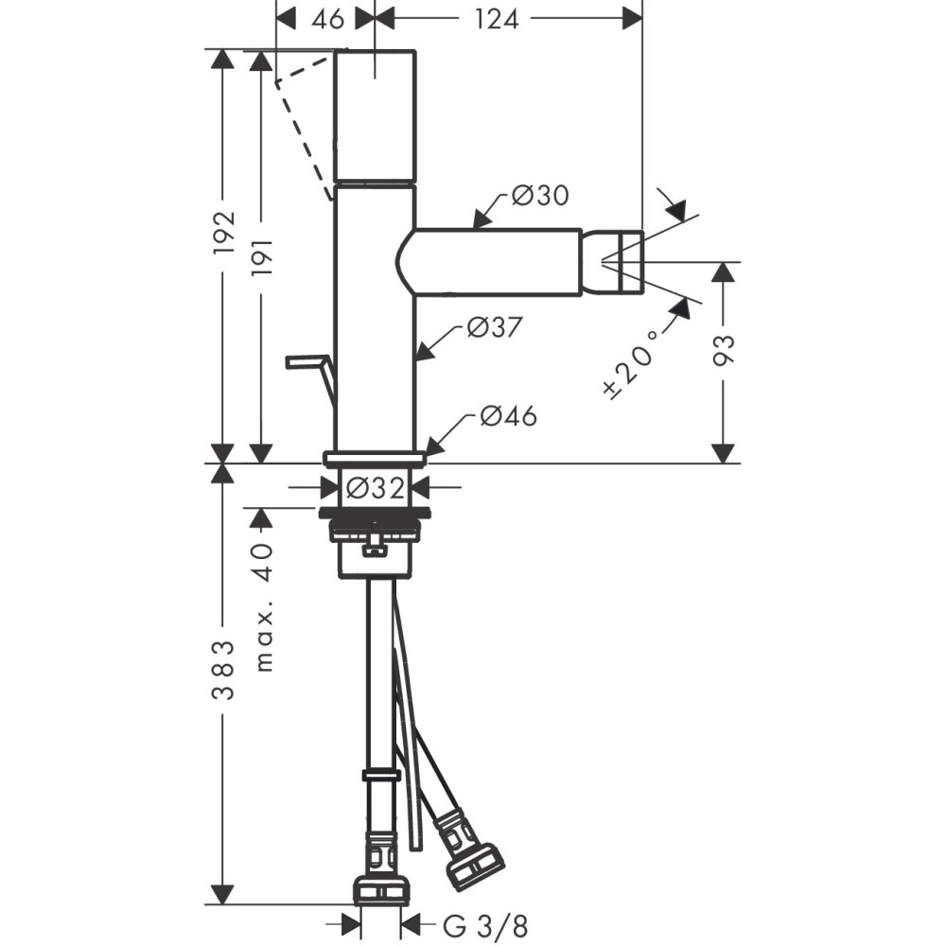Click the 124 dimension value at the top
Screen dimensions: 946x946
pos(496,19)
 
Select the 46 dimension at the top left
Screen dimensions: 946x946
pos(327,19)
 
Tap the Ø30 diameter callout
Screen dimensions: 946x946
pos(540,195)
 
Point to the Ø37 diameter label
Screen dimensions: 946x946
pos(494,327)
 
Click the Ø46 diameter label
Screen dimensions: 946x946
pos(509,415)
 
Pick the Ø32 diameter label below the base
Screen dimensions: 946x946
pos(376,488)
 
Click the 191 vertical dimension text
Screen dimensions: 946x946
pos(263,257)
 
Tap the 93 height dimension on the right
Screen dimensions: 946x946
pos(724,350)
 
